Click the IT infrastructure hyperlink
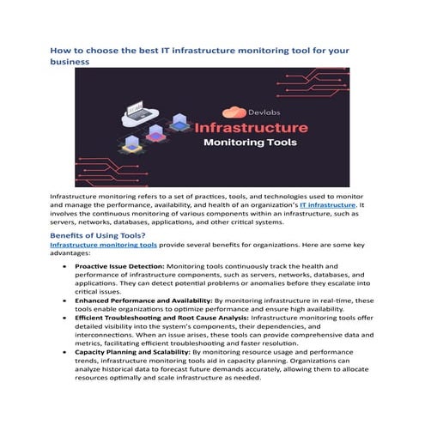pos(327,205)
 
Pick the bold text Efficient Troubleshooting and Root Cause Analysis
pos(161,317)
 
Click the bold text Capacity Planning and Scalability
pos(132,351)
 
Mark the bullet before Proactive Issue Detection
pos(66,267)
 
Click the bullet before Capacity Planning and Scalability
pos(66,352)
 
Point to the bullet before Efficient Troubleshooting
pos(66,318)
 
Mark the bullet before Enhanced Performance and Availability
pos(66,301)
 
